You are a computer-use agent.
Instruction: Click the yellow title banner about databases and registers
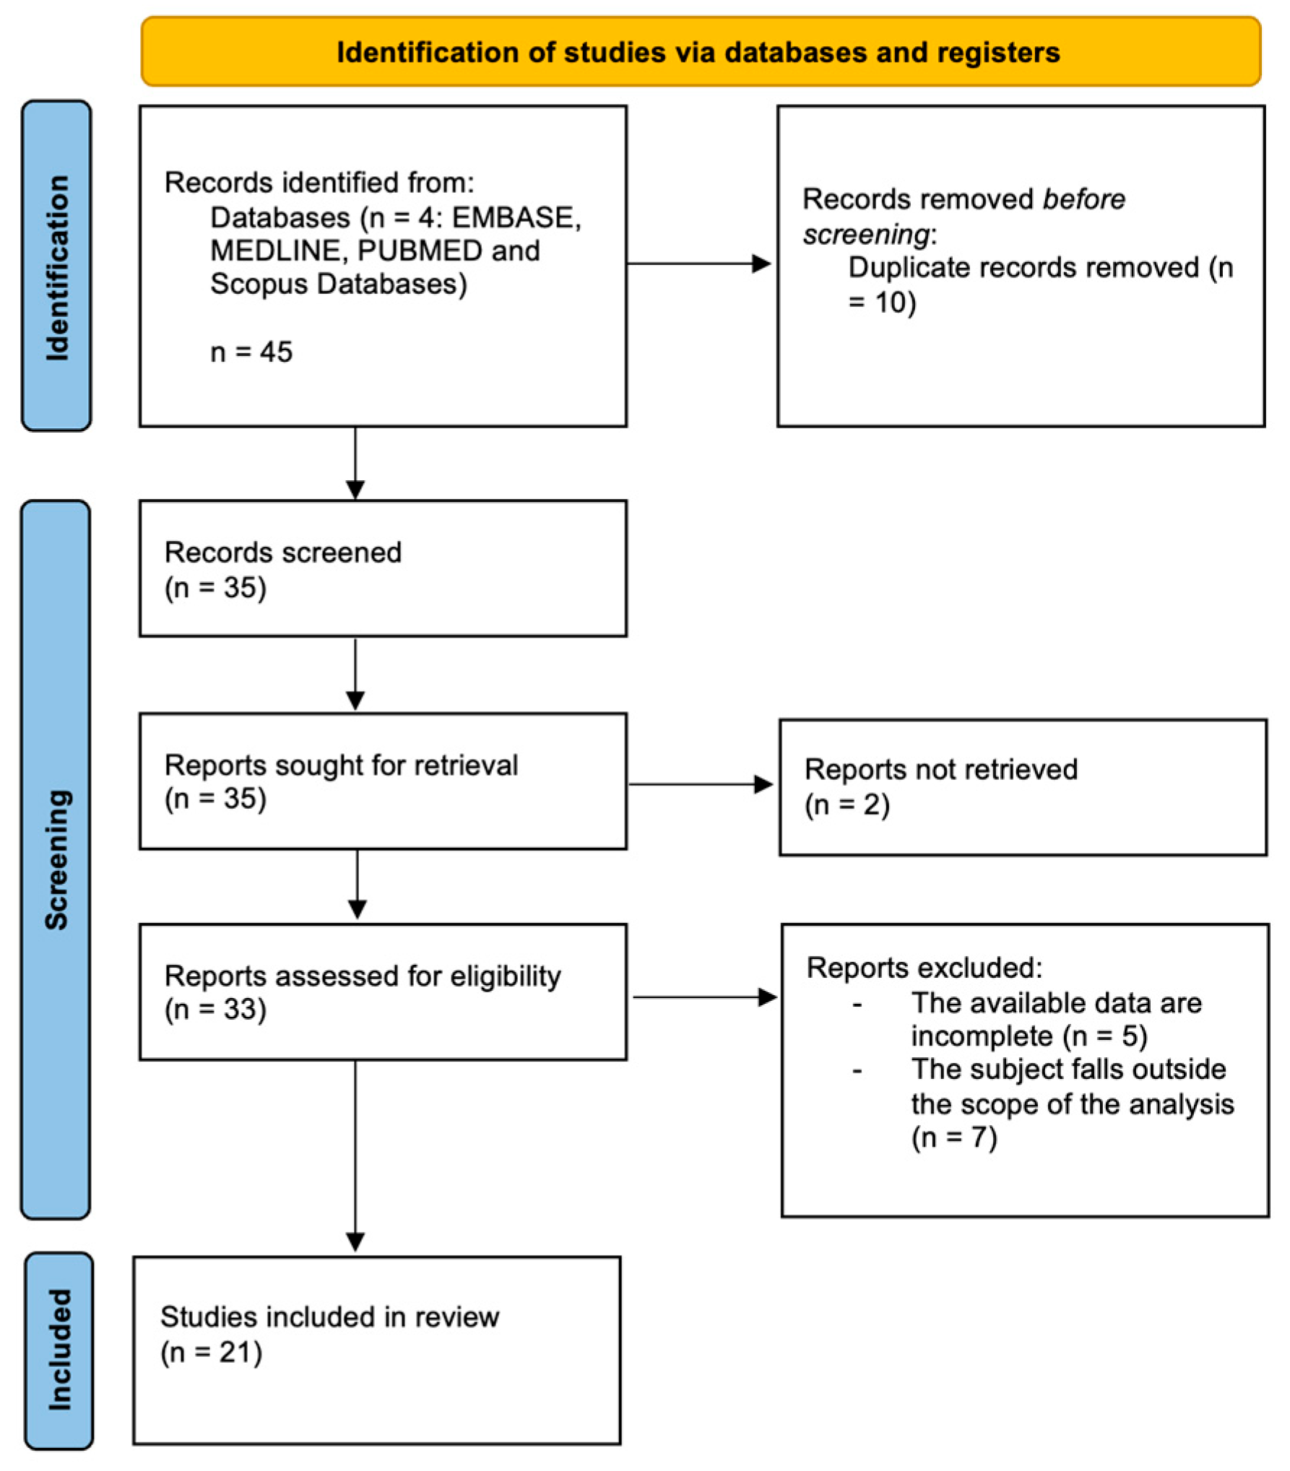tap(699, 52)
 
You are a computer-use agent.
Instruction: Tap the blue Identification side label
tap(56, 266)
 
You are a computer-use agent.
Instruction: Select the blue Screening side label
tap(56, 859)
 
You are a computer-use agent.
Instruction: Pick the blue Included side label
tap(59, 1350)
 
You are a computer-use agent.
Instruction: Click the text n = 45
tap(251, 352)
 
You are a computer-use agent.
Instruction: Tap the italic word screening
tap(866, 234)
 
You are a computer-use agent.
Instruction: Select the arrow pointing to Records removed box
tap(698, 264)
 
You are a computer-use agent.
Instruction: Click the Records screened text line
tap(282, 552)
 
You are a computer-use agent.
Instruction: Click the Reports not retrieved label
tap(940, 769)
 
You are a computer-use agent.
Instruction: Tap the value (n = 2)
tap(847, 804)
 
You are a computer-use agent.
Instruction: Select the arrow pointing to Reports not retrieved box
tap(701, 784)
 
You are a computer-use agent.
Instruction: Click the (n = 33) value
tap(215, 1009)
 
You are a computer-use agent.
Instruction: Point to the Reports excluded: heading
tap(924, 968)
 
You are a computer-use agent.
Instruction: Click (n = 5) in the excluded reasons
tap(1104, 1036)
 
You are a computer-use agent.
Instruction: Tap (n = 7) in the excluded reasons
tap(953, 1137)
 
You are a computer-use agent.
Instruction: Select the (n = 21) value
tap(211, 1352)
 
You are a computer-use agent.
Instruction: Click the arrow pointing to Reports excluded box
tap(704, 997)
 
